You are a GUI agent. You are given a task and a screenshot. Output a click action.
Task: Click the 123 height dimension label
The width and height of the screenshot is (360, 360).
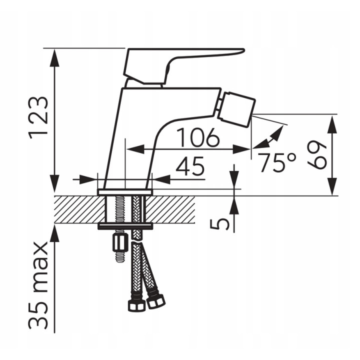[38, 118]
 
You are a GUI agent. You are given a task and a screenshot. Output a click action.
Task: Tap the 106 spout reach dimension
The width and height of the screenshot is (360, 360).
[198, 137]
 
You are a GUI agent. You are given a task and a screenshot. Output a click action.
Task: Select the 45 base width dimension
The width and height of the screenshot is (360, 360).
[189, 165]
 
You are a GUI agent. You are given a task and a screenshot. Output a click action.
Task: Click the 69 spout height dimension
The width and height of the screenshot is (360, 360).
[316, 154]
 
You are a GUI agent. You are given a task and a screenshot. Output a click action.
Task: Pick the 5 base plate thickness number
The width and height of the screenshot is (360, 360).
[219, 224]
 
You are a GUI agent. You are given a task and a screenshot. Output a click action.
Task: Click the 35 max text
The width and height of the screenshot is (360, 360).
[38, 284]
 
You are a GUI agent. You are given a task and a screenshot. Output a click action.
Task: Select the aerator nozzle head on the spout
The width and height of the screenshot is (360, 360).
[236, 109]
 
